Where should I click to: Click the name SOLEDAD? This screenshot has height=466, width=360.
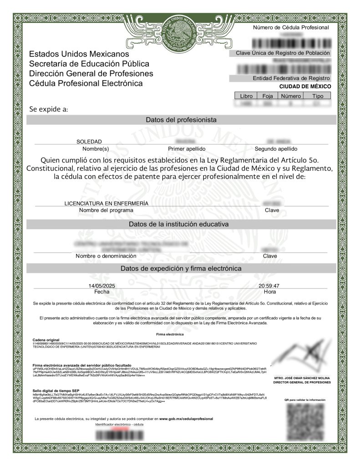[89, 142]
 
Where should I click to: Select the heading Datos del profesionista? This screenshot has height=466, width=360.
[181, 120]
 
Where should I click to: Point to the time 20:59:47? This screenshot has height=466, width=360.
[269, 285]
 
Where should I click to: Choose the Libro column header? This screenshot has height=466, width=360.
[245, 96]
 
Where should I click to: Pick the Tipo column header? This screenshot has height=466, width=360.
[318, 96]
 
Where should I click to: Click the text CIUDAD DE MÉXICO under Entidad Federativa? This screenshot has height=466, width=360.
[305, 86]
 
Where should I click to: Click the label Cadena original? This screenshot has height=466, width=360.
[46, 340]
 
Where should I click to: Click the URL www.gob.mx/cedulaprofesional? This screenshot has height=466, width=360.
[186, 418]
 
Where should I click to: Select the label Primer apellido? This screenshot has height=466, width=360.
[187, 149]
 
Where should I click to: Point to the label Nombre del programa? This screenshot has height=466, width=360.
[106, 210]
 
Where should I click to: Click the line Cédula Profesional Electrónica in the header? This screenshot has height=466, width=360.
[86, 84]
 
